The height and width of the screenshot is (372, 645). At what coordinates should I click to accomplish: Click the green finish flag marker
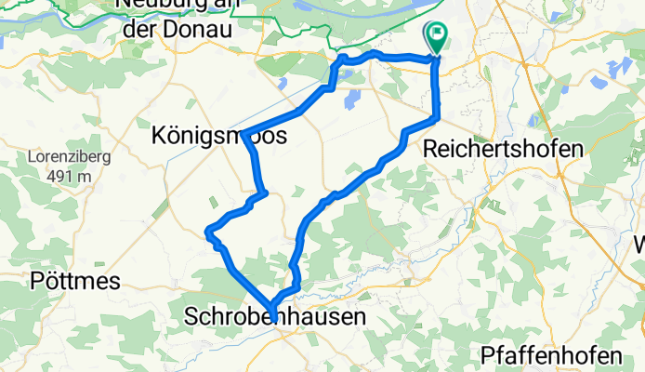pos(436,36)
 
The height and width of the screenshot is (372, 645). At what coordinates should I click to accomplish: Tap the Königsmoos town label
pos(218,137)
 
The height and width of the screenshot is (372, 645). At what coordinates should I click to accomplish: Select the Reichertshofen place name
pos(503,149)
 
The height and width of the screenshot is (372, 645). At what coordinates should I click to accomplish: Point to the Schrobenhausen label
pos(275,317)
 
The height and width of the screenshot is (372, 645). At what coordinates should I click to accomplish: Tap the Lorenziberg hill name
pos(70,156)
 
